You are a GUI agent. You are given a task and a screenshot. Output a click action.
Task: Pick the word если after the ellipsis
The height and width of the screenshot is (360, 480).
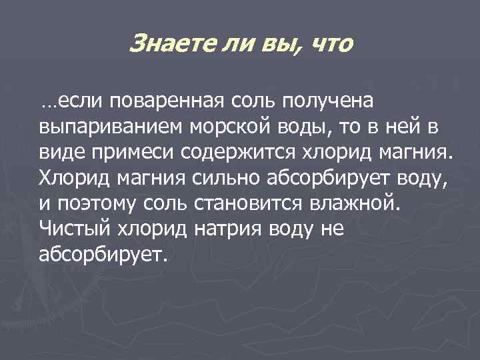coord(77,102)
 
